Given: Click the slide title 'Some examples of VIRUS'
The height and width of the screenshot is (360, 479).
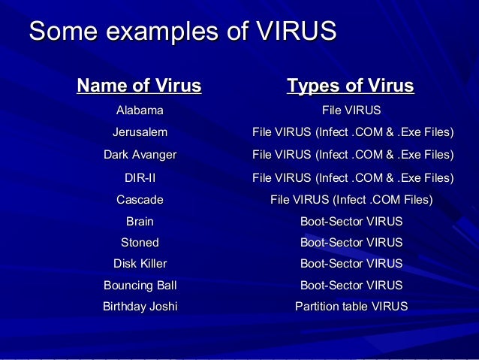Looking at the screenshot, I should click(182, 33).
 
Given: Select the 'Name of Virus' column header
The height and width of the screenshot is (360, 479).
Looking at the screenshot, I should click(139, 86).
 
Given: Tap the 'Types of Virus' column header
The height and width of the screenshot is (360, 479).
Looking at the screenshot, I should click(351, 86).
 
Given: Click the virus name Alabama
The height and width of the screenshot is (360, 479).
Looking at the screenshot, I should click(140, 111).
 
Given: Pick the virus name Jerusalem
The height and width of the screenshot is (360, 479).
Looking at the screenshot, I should click(140, 133).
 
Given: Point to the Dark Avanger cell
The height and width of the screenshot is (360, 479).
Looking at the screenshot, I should click(140, 156).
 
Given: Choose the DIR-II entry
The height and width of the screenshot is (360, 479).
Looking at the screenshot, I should click(140, 178).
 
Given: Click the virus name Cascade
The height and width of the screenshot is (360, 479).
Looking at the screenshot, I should click(140, 200).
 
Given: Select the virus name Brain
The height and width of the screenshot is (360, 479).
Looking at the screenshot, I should click(140, 222).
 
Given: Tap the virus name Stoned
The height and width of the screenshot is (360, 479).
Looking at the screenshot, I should click(140, 243).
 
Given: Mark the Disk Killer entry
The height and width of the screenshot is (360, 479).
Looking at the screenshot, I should click(140, 264).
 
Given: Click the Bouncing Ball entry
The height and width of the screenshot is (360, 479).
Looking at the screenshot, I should click(140, 286).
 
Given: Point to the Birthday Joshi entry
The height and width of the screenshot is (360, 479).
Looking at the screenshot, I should click(140, 307).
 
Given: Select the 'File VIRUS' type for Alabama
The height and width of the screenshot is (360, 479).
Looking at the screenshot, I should click(351, 111).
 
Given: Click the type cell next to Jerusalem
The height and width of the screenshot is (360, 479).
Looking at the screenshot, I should click(353, 133).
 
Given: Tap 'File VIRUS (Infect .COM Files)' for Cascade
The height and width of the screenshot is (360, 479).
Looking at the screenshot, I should click(351, 200).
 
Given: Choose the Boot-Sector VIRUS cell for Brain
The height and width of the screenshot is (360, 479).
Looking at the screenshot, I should click(351, 222).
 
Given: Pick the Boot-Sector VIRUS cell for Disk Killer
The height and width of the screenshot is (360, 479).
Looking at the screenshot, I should click(351, 264).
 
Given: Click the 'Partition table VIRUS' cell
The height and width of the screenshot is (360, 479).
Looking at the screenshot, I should click(351, 307).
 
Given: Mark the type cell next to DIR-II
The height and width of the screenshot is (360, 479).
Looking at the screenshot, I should click(353, 178).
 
